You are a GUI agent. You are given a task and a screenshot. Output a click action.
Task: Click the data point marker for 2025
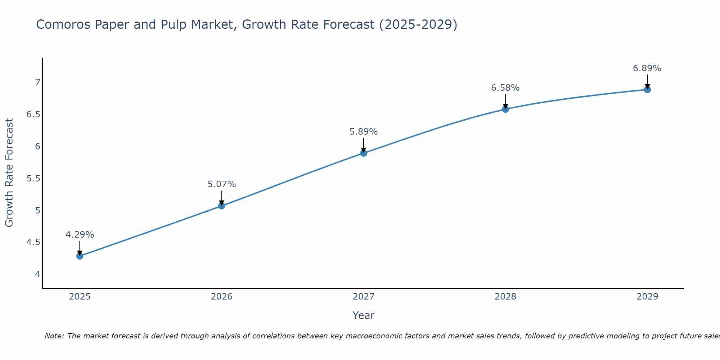click(x=80, y=256)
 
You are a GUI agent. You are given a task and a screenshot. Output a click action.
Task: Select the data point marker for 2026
click(x=221, y=206)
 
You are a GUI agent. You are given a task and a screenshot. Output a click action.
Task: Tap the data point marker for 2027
click(x=363, y=153)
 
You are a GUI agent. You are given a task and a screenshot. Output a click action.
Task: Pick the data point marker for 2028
click(x=505, y=109)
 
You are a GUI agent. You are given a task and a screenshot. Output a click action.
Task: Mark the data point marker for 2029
click(x=647, y=89)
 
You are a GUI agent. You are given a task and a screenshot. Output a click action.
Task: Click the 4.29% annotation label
click(x=80, y=235)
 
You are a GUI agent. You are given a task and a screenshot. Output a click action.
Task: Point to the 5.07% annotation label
click(x=221, y=184)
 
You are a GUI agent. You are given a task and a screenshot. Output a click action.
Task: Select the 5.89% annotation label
click(x=363, y=132)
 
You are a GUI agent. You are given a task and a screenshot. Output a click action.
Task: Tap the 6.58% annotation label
click(x=505, y=88)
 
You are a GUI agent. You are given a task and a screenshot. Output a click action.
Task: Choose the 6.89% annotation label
click(x=647, y=68)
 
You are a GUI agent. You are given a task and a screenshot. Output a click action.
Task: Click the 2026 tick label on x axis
click(x=221, y=297)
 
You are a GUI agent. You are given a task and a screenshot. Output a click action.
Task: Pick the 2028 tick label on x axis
click(x=505, y=297)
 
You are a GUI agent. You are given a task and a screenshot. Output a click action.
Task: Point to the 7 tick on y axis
click(x=37, y=82)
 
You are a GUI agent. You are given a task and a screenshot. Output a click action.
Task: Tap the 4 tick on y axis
click(x=37, y=274)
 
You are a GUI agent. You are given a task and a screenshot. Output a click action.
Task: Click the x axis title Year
click(x=363, y=315)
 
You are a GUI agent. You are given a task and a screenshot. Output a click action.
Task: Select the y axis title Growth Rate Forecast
click(x=9, y=173)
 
